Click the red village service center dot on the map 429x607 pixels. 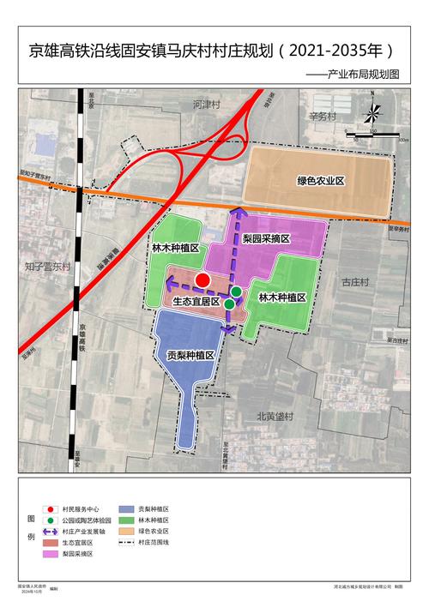[202, 279]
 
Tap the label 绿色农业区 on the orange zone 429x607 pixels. [321, 181]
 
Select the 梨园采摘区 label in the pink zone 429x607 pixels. [266, 238]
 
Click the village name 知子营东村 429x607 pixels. [47, 267]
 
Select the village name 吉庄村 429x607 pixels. [354, 281]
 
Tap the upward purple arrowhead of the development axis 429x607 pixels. [241, 211]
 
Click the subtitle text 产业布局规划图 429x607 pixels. [366, 75]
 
